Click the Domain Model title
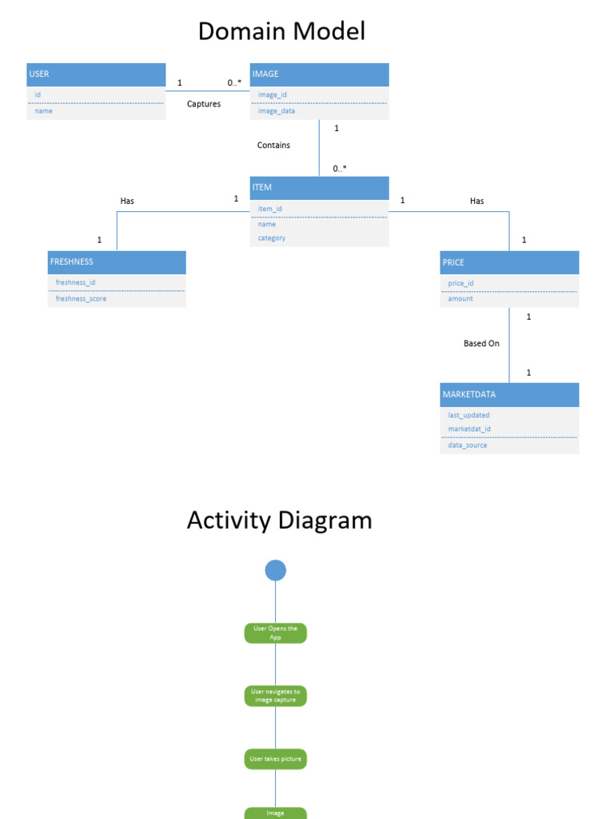tap(281, 31)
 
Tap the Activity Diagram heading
tap(279, 520)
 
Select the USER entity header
tap(96, 74)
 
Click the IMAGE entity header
tap(319, 74)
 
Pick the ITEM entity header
tap(319, 188)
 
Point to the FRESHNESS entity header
tap(117, 262)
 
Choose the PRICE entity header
tap(509, 262)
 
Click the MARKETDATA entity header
tap(509, 394)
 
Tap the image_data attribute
tap(277, 111)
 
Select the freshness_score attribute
tap(81, 298)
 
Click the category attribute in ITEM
tap(272, 238)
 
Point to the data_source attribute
tap(468, 445)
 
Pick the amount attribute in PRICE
tap(460, 298)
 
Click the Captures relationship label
tap(204, 104)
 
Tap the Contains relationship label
tap(273, 146)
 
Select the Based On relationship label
tap(481, 343)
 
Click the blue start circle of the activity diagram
tap(275, 570)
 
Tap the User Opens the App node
tap(275, 633)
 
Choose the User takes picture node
tap(275, 759)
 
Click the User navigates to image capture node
tap(275, 696)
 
